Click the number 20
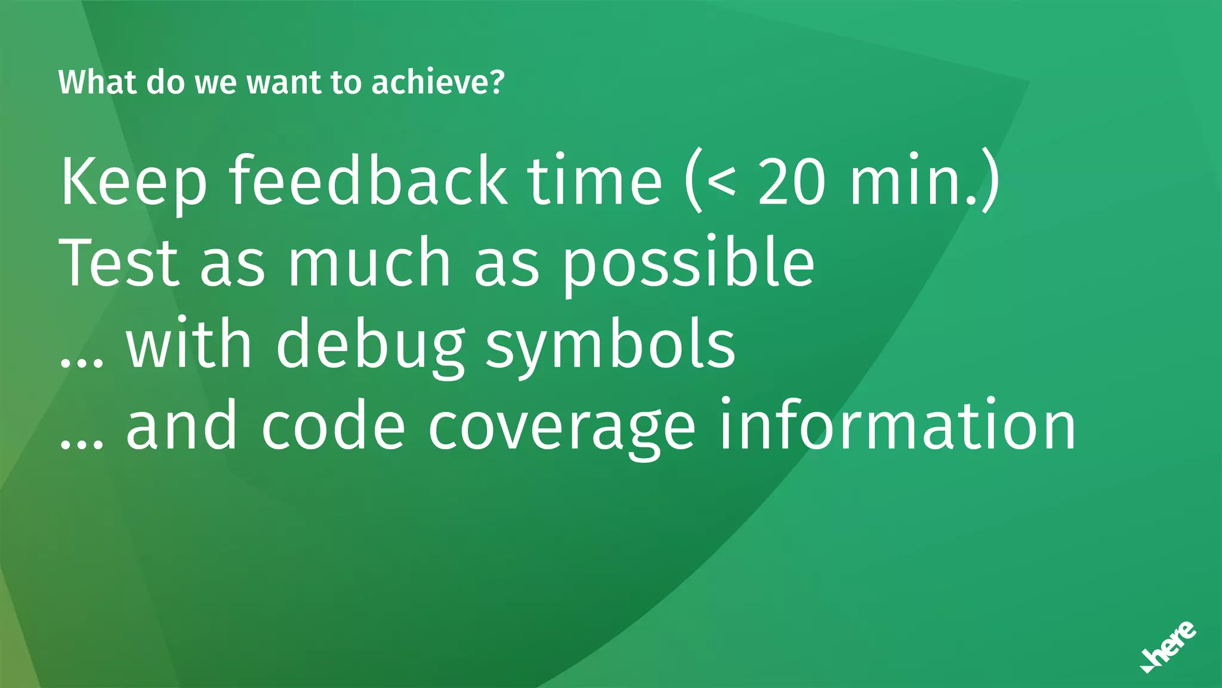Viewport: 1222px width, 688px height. (792, 180)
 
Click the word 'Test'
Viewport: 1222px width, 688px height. (119, 263)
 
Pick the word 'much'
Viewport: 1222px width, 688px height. (369, 263)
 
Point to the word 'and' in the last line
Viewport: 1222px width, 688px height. (181, 426)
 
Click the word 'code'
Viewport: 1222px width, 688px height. (334, 426)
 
